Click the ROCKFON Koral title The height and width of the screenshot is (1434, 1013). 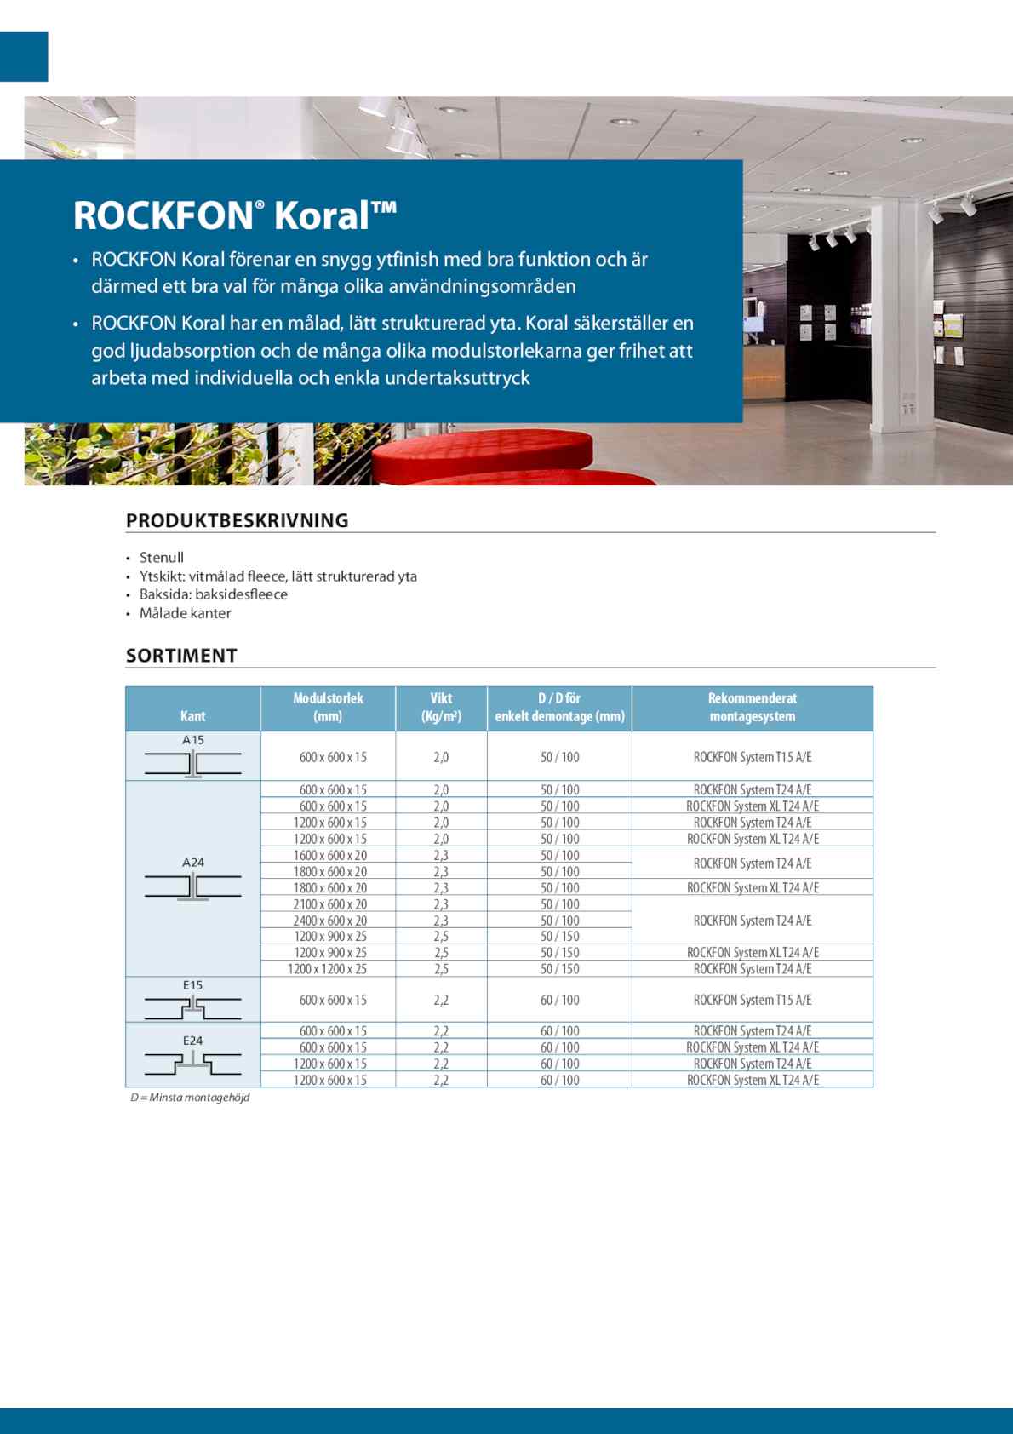pyautogui.click(x=235, y=215)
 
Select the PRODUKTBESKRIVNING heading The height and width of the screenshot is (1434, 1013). pyautogui.click(x=238, y=520)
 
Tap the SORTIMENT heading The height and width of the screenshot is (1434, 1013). pyautogui.click(x=181, y=656)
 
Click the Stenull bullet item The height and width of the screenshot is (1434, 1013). pyautogui.click(x=162, y=558)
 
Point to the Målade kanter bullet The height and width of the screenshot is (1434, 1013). pyautogui.click(x=185, y=613)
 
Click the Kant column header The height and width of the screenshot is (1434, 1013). pyautogui.click(x=193, y=716)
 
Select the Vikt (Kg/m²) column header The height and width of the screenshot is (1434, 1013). pyautogui.click(x=441, y=708)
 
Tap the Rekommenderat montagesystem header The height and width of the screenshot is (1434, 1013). pyautogui.click(x=753, y=708)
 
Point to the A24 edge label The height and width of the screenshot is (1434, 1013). pyautogui.click(x=193, y=863)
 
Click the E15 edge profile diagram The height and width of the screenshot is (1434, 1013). pyautogui.click(x=193, y=1008)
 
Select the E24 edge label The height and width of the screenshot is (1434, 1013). pyautogui.click(x=193, y=1041)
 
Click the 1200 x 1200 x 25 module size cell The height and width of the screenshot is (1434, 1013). pyautogui.click(x=328, y=969)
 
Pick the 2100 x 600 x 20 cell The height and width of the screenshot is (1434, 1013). pyautogui.click(x=330, y=904)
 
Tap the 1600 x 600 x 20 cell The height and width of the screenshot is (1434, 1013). pyautogui.click(x=330, y=855)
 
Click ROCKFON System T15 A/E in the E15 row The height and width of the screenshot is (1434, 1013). pyautogui.click(x=753, y=1001)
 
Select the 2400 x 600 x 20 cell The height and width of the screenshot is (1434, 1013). pyautogui.click(x=330, y=921)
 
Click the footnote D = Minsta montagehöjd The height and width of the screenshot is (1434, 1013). pyautogui.click(x=190, y=1098)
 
